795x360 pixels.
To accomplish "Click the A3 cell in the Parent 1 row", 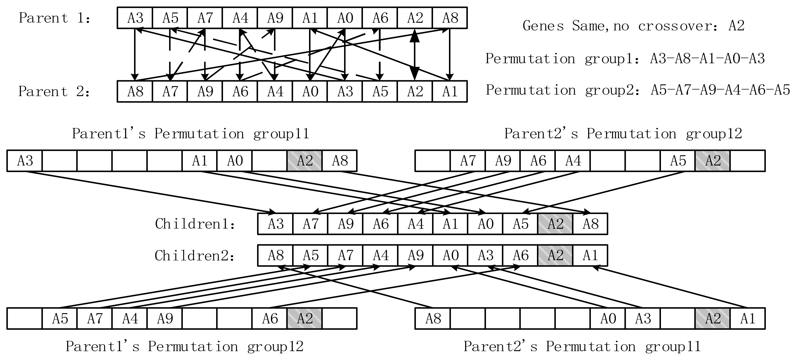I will point(135,18).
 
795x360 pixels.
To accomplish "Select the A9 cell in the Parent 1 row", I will point(275,18).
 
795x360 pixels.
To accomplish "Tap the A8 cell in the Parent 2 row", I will point(135,91).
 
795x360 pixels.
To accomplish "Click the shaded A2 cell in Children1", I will point(555,224).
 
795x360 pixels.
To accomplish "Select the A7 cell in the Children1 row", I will point(310,224).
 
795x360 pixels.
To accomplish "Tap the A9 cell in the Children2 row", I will point(415,256).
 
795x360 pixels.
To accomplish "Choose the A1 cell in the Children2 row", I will point(590,256).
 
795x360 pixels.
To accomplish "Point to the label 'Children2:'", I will point(194,256).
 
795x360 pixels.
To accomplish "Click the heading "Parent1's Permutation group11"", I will point(190,134).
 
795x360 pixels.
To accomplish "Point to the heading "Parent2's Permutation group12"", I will point(623,134).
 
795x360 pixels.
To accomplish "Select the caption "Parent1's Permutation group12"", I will point(184,347).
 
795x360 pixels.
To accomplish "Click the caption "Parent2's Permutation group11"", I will point(582,347).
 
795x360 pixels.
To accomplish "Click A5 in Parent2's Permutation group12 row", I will point(678,161).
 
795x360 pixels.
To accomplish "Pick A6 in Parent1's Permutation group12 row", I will point(270,319).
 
